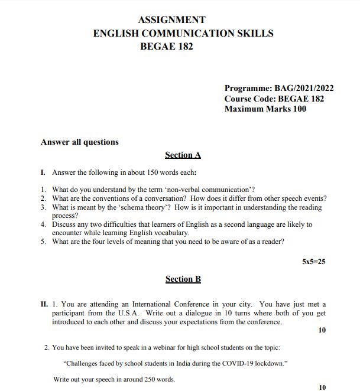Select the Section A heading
pos(183,155)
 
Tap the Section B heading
pos(183,279)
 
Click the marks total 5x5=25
pos(313,260)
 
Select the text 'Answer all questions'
pos(79,142)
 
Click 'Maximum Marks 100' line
pos(265,109)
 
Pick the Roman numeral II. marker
pos(44,304)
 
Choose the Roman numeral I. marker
pos(43,172)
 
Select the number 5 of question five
pos(43,242)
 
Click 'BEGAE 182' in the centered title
pos(166,46)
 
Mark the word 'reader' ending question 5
pos(271,242)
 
